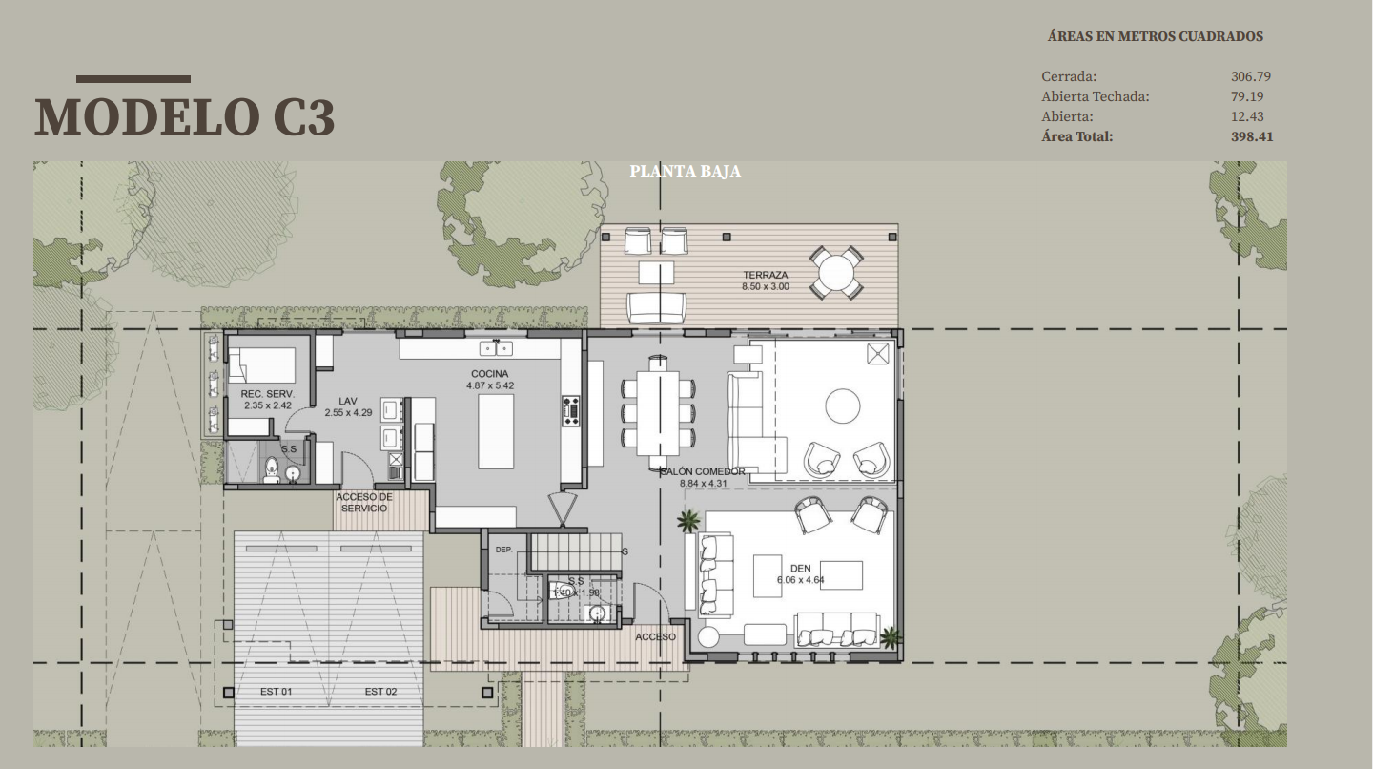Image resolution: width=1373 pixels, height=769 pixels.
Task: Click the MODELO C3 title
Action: coord(185,116)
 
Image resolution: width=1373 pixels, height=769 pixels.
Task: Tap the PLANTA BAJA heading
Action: coord(686,171)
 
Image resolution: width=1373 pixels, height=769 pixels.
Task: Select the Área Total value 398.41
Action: coord(1252,136)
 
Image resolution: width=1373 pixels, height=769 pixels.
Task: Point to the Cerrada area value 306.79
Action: coord(1250,76)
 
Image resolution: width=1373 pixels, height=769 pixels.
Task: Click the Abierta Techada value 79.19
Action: coord(1247,96)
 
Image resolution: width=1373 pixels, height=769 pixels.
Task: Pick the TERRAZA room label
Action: coord(766,276)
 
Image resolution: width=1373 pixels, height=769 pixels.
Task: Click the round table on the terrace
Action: coord(836,272)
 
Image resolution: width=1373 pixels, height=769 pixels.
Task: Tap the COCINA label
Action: coord(490,373)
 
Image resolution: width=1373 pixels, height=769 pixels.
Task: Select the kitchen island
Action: coord(496,430)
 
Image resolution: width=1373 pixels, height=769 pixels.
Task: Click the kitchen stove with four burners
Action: coord(570,411)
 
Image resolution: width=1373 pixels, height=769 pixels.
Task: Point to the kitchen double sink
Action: coord(495,348)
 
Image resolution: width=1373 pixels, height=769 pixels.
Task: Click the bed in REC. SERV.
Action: coord(261,365)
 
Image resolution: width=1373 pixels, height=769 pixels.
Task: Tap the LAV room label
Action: coord(347,401)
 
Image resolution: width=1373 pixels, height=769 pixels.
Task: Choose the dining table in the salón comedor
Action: coord(658,412)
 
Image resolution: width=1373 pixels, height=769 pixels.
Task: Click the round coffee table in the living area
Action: coord(842,405)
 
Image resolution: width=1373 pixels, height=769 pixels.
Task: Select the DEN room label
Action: coord(801,569)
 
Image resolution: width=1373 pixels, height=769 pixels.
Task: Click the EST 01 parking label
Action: coord(276,691)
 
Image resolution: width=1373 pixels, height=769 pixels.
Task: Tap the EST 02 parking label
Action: coord(380,691)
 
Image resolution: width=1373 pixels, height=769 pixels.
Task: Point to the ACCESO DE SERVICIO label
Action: coord(364,502)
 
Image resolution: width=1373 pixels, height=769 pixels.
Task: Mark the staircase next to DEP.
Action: coord(576,551)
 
